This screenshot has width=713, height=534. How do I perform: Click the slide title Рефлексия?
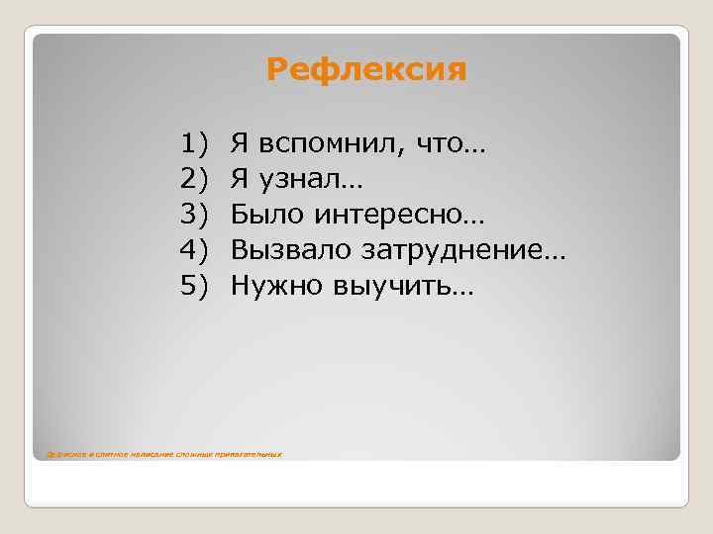(366, 70)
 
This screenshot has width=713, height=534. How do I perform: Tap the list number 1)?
(197, 144)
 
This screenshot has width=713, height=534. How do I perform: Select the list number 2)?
(197, 180)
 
